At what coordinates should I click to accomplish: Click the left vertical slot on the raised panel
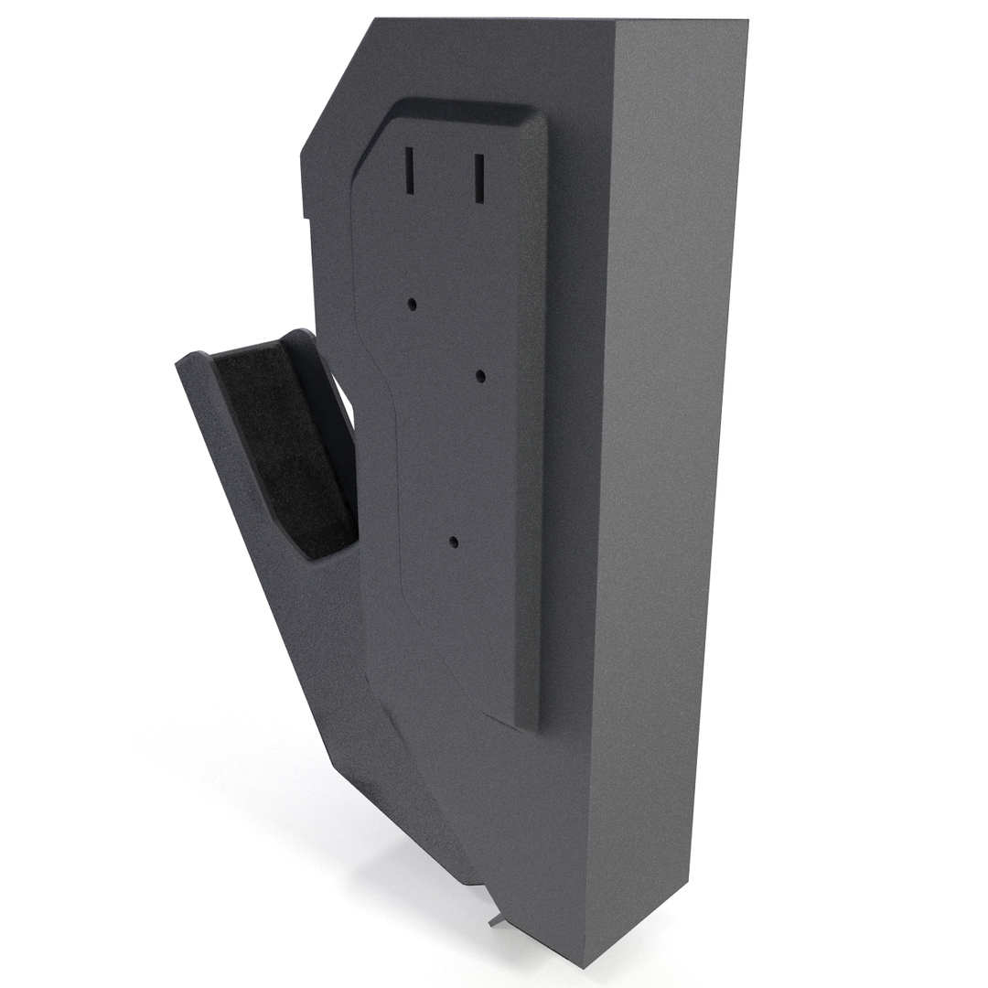pos(411,171)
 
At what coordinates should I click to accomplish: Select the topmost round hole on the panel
pos(413,303)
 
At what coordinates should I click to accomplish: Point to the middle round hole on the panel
pos(480,375)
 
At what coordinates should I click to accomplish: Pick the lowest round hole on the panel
pos(453,542)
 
